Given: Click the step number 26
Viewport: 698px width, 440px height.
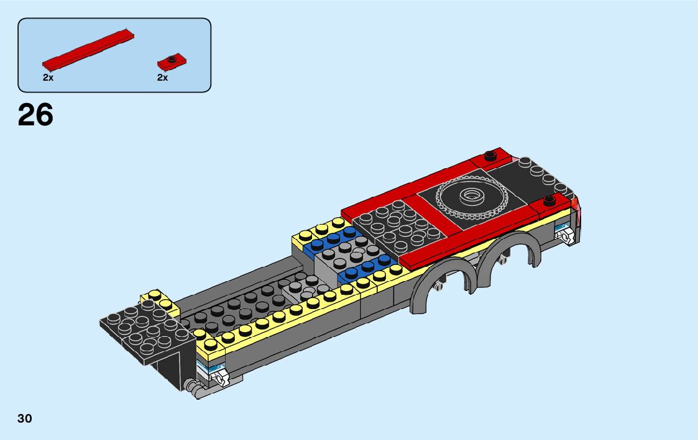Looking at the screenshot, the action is tap(35, 115).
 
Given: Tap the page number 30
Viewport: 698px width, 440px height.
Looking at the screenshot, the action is tap(25, 418).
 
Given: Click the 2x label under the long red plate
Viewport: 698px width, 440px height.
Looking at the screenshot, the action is tap(48, 78).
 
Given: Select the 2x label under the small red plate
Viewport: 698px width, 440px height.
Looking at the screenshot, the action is tap(162, 78).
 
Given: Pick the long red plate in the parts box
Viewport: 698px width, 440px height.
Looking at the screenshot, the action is tap(88, 50).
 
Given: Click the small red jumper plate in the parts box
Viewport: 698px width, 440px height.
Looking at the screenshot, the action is tap(172, 62).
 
